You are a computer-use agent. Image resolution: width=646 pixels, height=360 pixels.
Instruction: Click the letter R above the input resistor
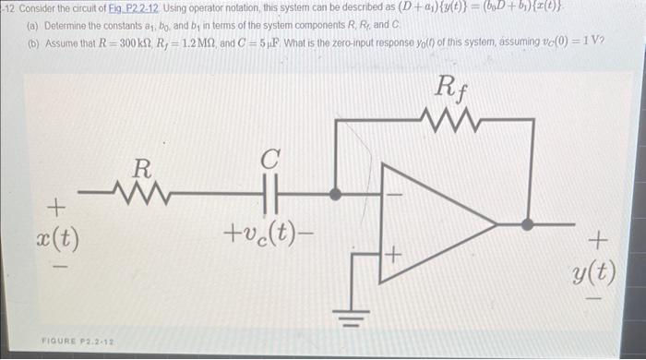140,169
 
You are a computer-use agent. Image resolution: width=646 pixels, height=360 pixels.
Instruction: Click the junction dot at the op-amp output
527,222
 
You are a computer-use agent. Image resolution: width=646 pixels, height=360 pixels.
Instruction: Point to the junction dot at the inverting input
337,195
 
